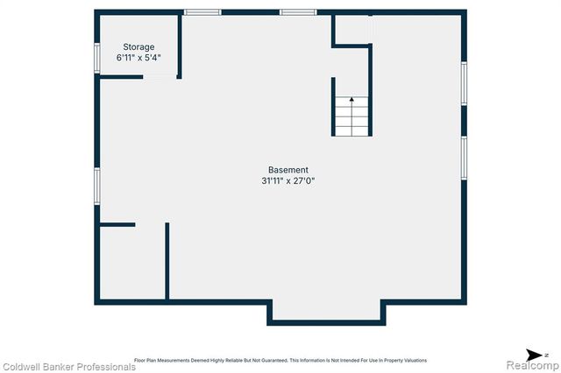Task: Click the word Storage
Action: [x=138, y=46]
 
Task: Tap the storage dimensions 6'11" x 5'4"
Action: [x=138, y=58]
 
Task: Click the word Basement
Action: [x=288, y=170]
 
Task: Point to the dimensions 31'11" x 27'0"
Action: [x=288, y=181]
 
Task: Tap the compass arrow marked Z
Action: [x=520, y=353]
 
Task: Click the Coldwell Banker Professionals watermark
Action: [x=68, y=367]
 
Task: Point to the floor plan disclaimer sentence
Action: [x=280, y=360]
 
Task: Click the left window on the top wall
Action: [x=202, y=12]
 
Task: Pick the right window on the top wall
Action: [x=298, y=12]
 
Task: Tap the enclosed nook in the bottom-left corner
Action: [x=132, y=263]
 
